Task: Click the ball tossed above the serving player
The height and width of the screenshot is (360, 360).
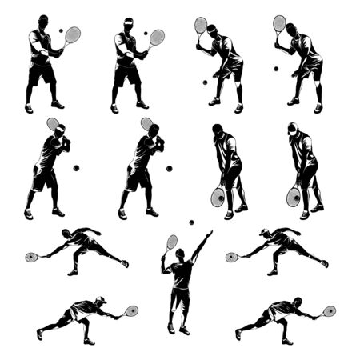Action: tap(191, 222)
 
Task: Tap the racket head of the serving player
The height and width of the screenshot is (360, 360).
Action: tap(172, 242)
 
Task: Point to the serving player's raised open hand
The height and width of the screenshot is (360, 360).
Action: tap(209, 234)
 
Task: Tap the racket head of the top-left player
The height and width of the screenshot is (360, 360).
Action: tap(73, 34)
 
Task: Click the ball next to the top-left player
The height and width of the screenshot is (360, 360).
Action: tap(60, 30)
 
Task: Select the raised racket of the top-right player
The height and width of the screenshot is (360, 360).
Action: tap(279, 23)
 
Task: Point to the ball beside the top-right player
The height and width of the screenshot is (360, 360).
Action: tap(276, 69)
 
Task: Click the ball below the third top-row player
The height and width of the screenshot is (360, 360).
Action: tap(205, 82)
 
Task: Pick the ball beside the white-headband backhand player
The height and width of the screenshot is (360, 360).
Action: tap(76, 168)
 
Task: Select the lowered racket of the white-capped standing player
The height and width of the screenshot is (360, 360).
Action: tap(294, 197)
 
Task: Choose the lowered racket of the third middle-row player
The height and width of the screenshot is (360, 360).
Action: tap(218, 197)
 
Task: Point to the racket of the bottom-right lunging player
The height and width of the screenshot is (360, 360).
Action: tap(329, 310)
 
